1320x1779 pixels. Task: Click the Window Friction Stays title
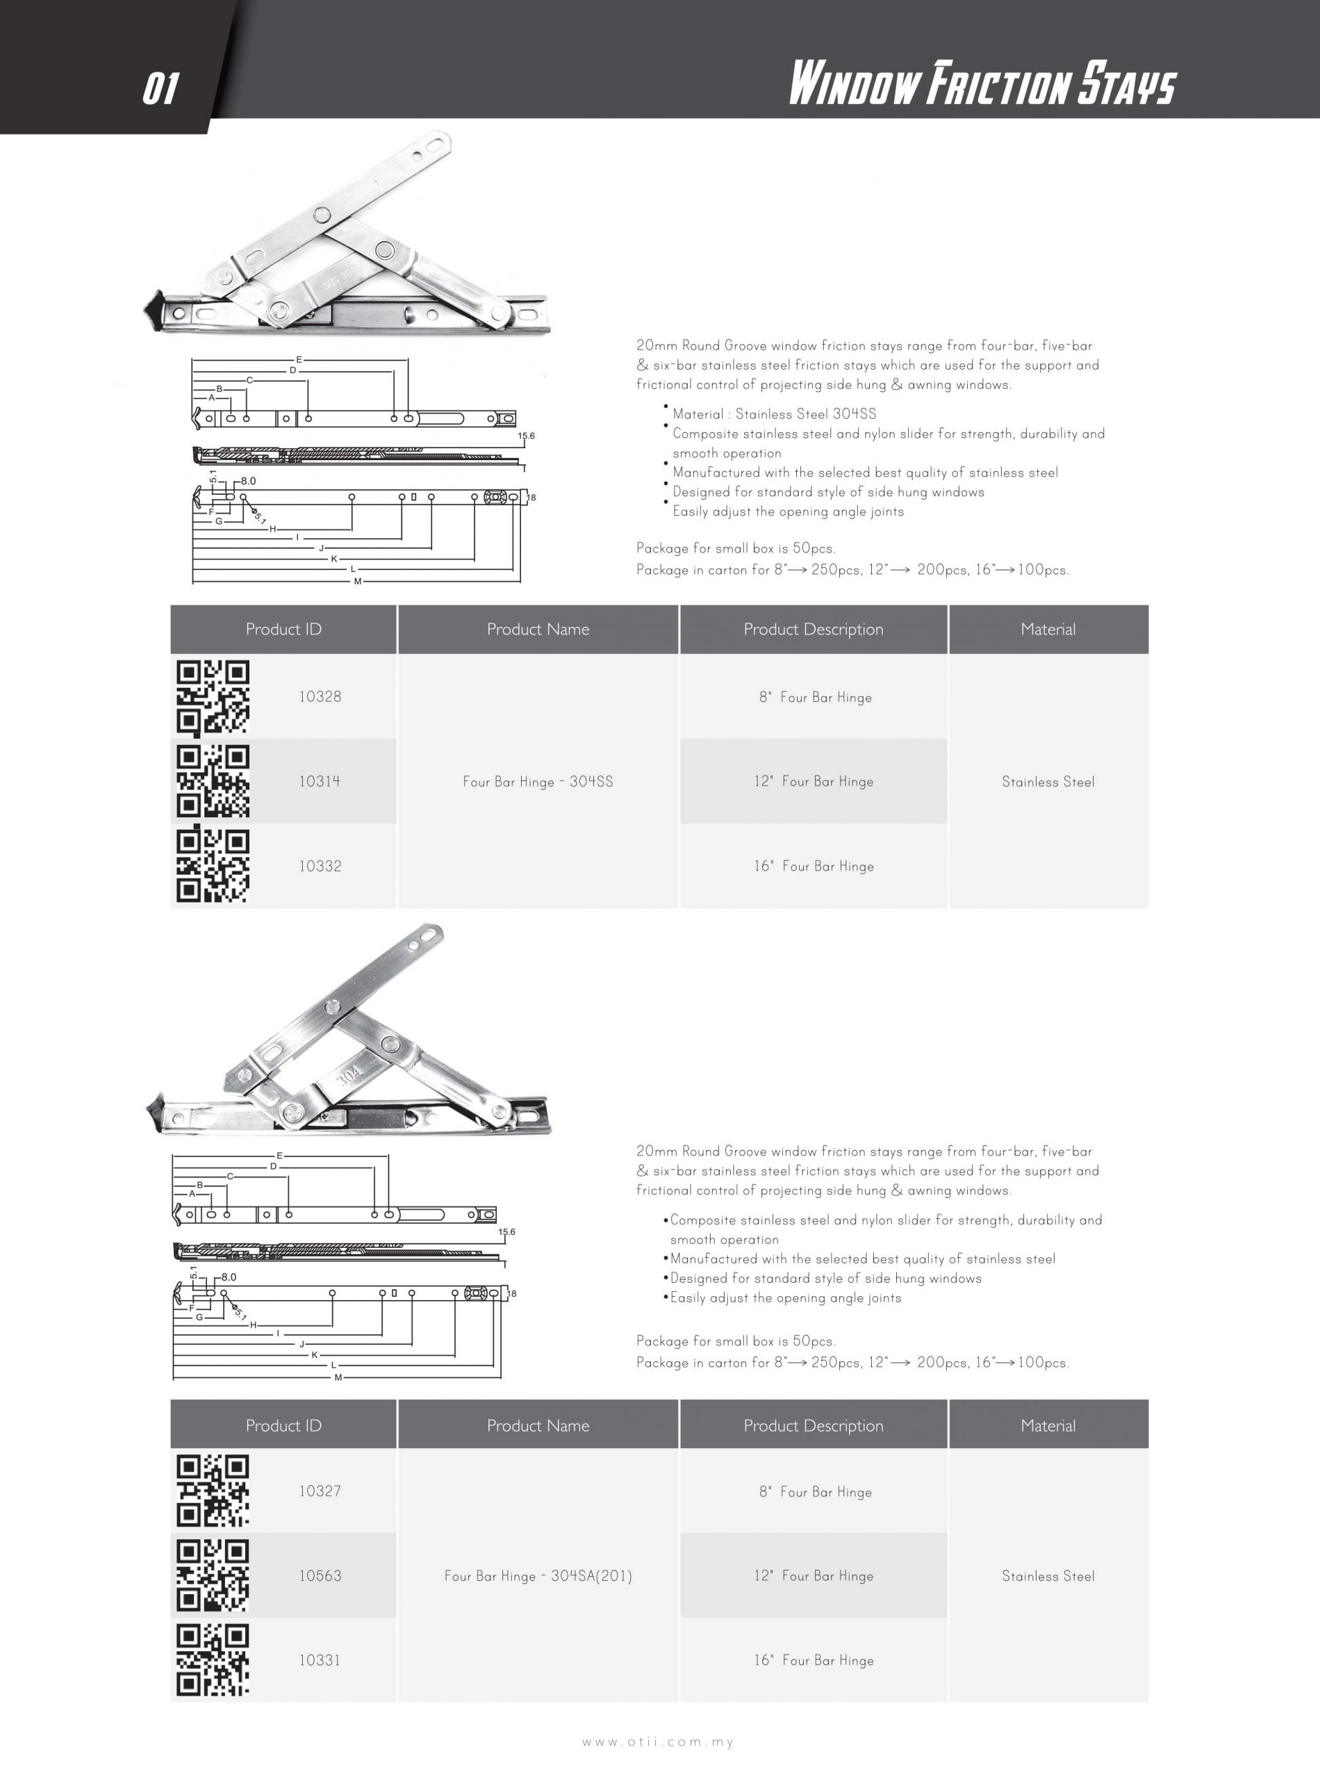[x=982, y=84]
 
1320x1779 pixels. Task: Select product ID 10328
[x=320, y=697]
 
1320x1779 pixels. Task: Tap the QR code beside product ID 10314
[x=213, y=781]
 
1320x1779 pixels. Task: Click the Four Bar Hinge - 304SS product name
[x=538, y=782]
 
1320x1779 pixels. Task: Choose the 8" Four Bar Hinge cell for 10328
[x=814, y=698]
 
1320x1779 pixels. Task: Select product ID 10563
[x=320, y=1576]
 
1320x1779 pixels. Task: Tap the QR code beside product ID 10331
[x=213, y=1660]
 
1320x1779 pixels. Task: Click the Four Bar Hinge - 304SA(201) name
[x=538, y=1576]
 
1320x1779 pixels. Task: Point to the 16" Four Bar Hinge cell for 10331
[x=814, y=1661]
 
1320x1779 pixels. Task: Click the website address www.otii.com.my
[x=658, y=1741]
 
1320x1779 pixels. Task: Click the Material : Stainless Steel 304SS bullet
[x=773, y=414]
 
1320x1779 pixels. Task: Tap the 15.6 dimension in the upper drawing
[x=526, y=436]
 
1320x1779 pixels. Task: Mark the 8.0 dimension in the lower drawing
[x=229, y=1277]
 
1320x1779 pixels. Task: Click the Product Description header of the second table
[x=814, y=1426]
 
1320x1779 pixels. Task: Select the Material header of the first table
[x=1048, y=630]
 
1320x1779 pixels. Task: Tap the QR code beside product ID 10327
[x=213, y=1491]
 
